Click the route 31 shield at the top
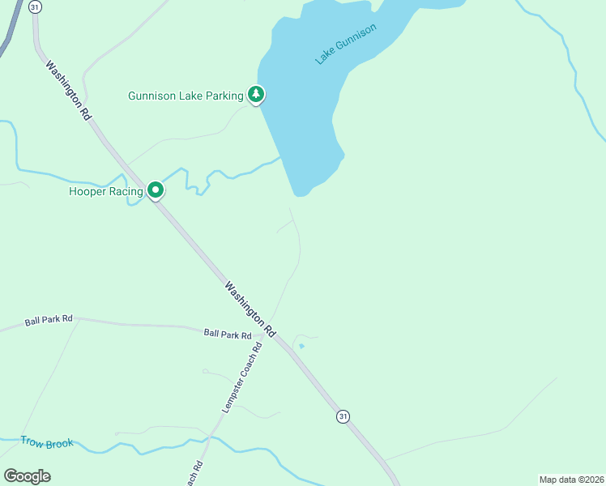click(34, 6)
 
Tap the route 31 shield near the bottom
click(344, 416)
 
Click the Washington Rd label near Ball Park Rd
click(250, 309)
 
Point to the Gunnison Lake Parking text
click(186, 96)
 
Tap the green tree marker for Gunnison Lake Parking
click(256, 95)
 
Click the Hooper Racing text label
click(106, 191)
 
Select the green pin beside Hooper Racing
click(155, 190)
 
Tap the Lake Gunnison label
click(346, 45)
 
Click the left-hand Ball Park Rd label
click(49, 320)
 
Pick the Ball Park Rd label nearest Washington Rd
click(228, 334)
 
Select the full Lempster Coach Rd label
click(242, 378)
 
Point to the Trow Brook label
click(48, 443)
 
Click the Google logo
click(27, 475)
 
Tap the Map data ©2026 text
click(571, 480)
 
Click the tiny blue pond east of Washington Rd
click(301, 346)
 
